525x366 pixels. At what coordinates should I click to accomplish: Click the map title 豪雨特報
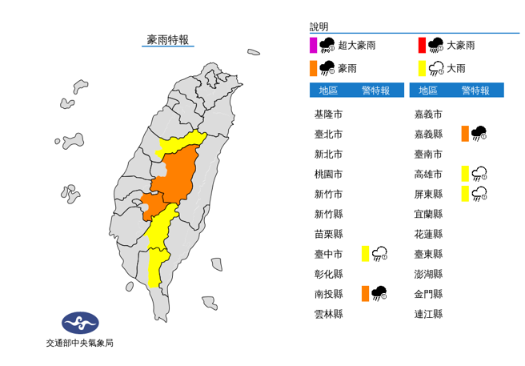167,39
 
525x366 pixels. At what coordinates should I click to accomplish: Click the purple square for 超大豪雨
313,45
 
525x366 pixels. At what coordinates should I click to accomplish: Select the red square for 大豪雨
421,45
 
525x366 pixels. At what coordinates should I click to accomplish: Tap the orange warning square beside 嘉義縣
465,133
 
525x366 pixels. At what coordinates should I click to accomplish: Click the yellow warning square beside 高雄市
465,173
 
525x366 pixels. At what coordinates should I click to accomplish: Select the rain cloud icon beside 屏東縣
480,193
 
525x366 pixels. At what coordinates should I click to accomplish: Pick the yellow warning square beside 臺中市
365,254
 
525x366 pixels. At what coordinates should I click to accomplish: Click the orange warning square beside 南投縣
365,294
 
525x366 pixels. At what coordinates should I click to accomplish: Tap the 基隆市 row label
328,114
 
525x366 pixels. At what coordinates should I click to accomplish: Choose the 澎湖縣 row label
428,274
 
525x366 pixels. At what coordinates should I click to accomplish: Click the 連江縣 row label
428,314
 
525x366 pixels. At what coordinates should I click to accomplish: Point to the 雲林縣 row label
328,314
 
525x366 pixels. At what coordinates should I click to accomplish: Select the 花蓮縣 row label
428,234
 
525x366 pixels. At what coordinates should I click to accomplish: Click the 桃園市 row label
328,174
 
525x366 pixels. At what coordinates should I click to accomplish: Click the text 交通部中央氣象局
79,343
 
